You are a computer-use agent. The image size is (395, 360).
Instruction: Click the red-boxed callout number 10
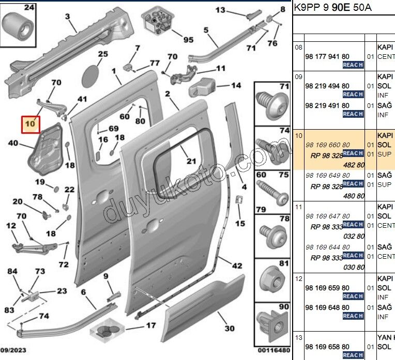click(31, 124)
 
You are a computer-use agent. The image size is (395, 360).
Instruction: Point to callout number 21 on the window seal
click(191, 161)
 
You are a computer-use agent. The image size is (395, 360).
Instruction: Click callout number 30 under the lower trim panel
click(230, 328)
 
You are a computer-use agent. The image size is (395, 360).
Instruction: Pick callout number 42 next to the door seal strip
click(237, 266)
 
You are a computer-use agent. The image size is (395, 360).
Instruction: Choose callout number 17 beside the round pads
click(150, 325)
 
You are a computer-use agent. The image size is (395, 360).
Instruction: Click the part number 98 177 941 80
click(327, 56)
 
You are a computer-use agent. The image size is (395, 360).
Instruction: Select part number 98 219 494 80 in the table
click(327, 86)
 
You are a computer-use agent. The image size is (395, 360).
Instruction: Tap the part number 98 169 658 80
click(327, 347)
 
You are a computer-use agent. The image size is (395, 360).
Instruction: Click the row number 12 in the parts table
click(298, 278)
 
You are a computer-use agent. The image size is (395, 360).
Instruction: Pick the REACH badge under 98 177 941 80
click(353, 65)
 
